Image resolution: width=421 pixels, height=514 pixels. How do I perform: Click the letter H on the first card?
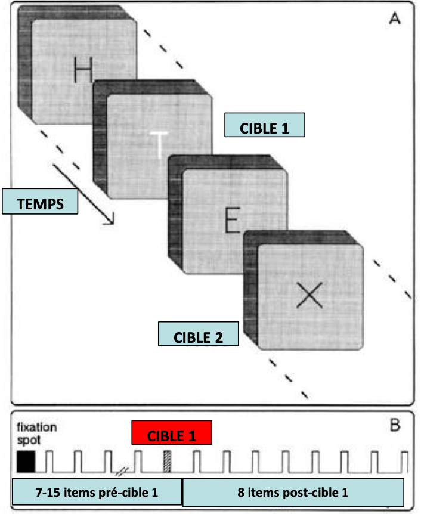coord(83,70)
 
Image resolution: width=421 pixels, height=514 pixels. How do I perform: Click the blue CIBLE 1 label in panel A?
coord(265,127)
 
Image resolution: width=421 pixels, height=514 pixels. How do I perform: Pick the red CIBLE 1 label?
coord(172,433)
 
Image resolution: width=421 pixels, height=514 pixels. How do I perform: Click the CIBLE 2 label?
coord(198,335)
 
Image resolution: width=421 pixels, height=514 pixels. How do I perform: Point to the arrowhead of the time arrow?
coord(110,222)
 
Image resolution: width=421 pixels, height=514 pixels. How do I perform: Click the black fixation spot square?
coord(26,462)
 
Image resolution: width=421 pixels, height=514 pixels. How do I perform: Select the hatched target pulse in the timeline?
coord(168,462)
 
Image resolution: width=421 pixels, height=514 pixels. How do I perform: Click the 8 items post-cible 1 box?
coord(293,493)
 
